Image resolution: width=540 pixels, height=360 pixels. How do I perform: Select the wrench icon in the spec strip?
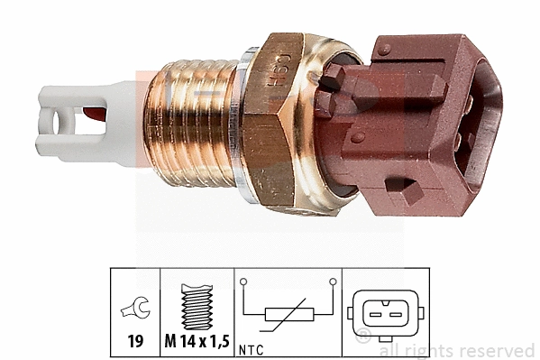tap(133, 311)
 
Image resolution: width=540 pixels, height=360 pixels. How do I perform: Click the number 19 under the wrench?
tap(133, 343)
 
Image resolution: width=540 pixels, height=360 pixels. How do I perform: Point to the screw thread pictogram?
tap(197, 307)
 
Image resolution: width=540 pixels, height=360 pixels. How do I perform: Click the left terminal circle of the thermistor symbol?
tap(243, 282)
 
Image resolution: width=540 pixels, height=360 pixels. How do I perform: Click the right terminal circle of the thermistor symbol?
tap(334, 282)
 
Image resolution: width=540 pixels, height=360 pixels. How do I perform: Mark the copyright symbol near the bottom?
tap(363, 337)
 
